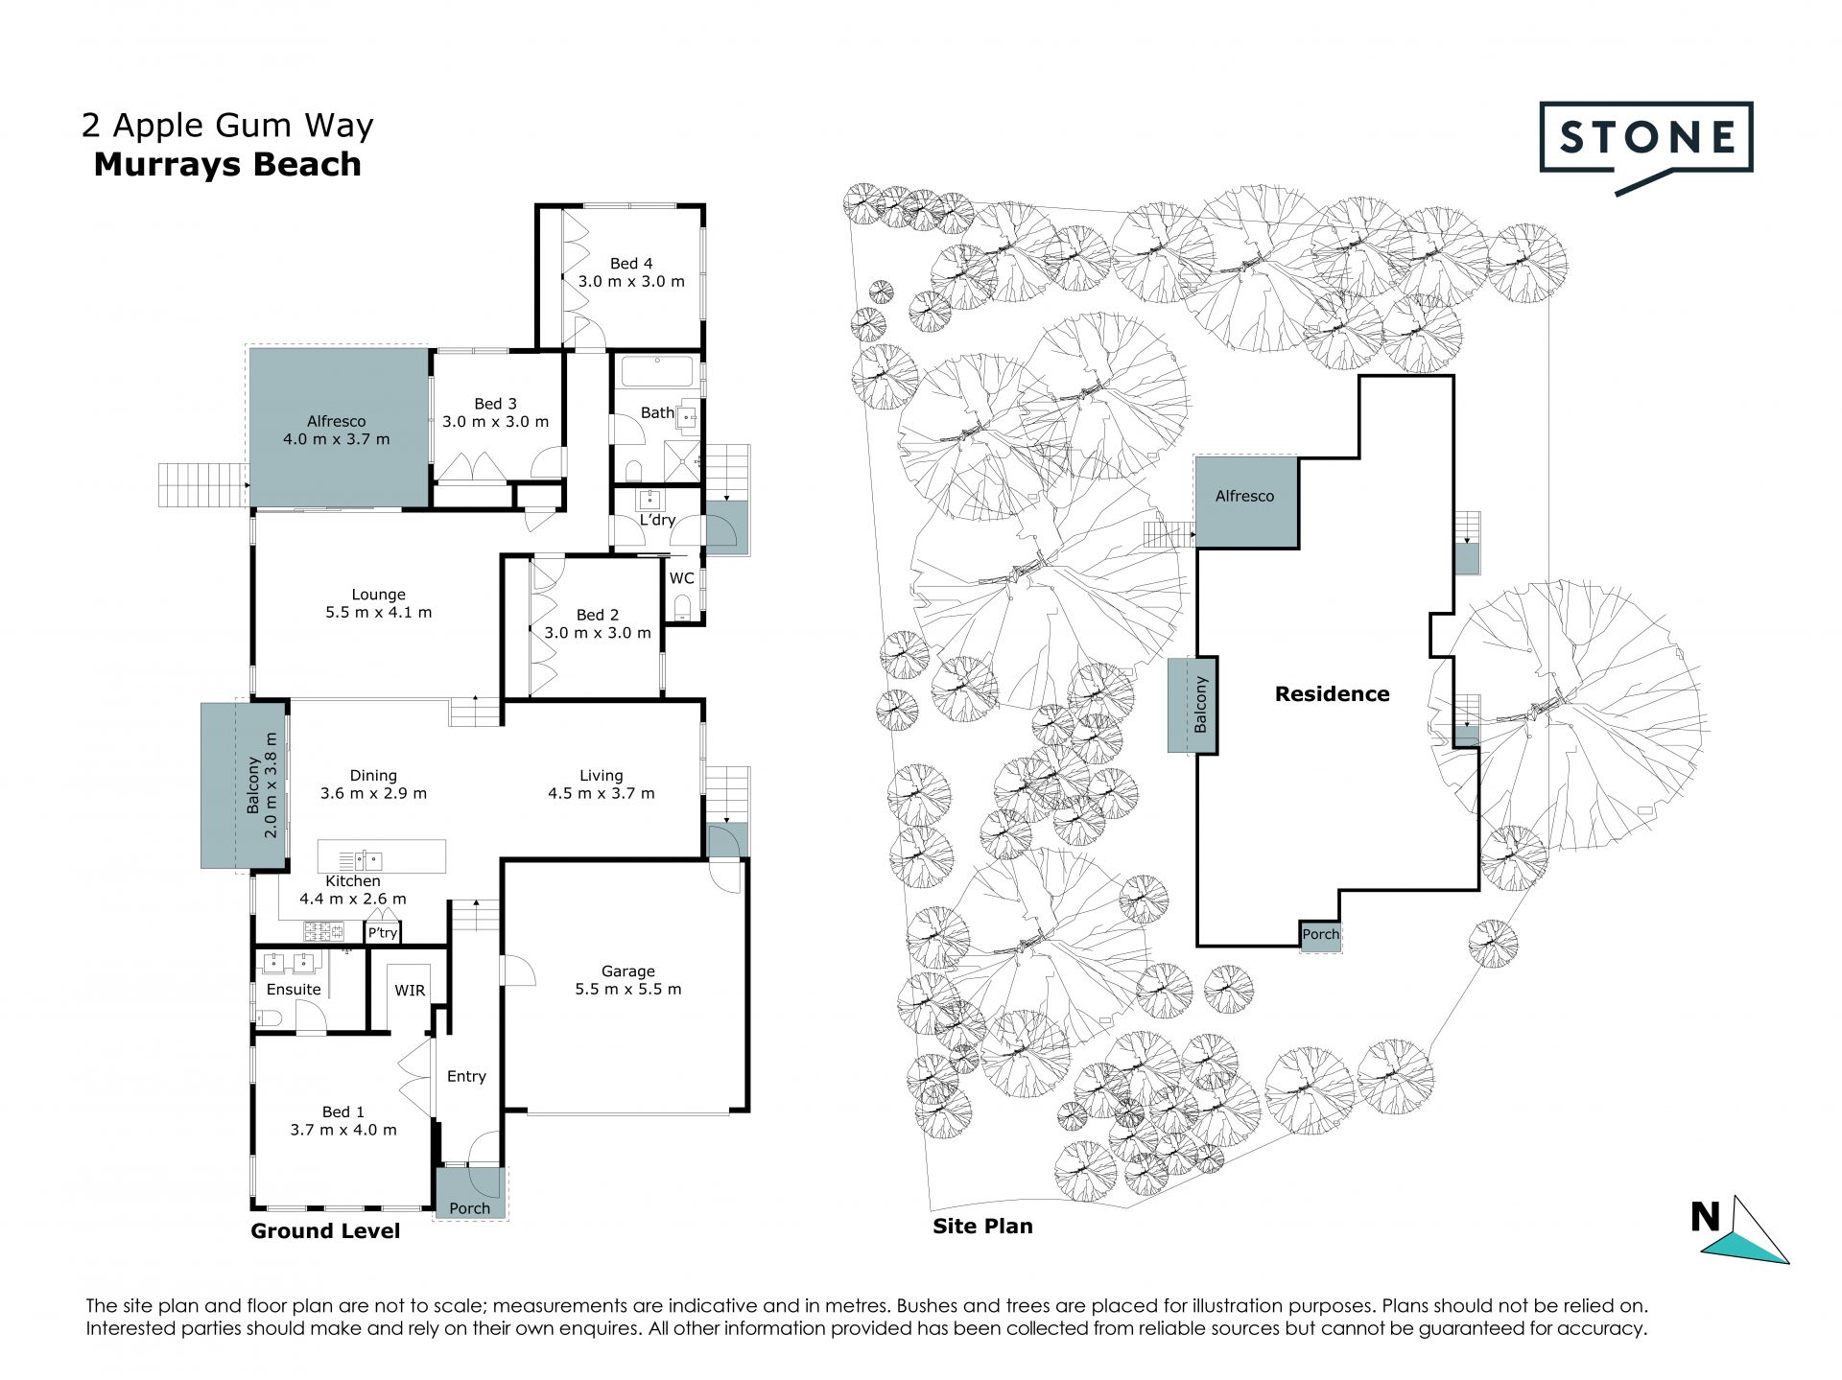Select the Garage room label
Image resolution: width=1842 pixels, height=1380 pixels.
pyautogui.click(x=628, y=971)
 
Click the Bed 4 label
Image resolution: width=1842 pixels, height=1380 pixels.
pyautogui.click(x=631, y=263)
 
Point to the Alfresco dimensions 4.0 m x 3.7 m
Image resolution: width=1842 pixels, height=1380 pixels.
pyautogui.click(x=337, y=439)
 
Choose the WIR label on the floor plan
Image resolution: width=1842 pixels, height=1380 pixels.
pyautogui.click(x=410, y=991)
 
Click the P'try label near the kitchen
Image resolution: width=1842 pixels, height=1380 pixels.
pyautogui.click(x=382, y=933)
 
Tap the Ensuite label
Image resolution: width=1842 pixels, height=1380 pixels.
pyautogui.click(x=294, y=990)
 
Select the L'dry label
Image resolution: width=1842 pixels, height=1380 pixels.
pyautogui.click(x=657, y=520)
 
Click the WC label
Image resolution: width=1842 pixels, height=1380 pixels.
pyautogui.click(x=681, y=578)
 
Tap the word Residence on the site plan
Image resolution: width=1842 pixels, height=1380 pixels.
pyautogui.click(x=1332, y=693)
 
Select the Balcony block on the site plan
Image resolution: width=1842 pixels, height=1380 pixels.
pyautogui.click(x=1193, y=705)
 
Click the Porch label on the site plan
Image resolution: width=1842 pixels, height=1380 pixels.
pyautogui.click(x=1320, y=934)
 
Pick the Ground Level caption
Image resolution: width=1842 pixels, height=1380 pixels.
pyautogui.click(x=325, y=1231)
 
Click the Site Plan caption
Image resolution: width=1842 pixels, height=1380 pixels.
pyautogui.click(x=982, y=1226)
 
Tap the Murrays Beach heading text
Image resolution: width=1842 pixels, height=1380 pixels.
pyautogui.click(x=227, y=164)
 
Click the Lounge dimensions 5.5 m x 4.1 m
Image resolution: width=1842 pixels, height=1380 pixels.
pyautogui.click(x=378, y=612)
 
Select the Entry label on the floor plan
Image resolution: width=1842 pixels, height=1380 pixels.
pyautogui.click(x=466, y=1077)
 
